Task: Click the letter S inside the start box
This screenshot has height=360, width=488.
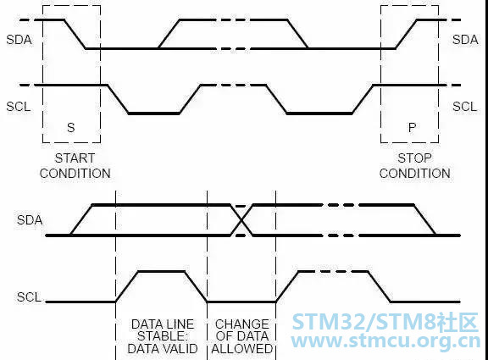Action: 71,127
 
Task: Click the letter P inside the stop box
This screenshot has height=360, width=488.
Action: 412,127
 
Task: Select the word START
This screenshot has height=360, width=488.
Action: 75,158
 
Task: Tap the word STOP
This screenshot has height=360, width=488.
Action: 414,158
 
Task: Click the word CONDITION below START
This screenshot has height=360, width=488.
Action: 75,174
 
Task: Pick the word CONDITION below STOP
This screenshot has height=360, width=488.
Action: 415,174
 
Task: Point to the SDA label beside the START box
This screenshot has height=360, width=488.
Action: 19,40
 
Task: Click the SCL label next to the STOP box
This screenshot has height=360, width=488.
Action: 464,107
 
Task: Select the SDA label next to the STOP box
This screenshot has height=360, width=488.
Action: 465,40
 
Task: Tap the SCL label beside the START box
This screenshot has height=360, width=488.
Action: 19,107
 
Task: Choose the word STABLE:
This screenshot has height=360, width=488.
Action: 163,336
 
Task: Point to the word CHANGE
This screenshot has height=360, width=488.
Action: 242,324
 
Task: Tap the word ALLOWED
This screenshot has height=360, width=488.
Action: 242,349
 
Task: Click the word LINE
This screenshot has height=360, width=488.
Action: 180,324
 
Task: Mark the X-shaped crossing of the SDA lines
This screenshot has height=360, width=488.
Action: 241,220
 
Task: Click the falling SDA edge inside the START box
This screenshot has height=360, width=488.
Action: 75,34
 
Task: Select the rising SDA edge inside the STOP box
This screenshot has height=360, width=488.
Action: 406,34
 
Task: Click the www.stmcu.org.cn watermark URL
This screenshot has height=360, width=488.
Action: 385,341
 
